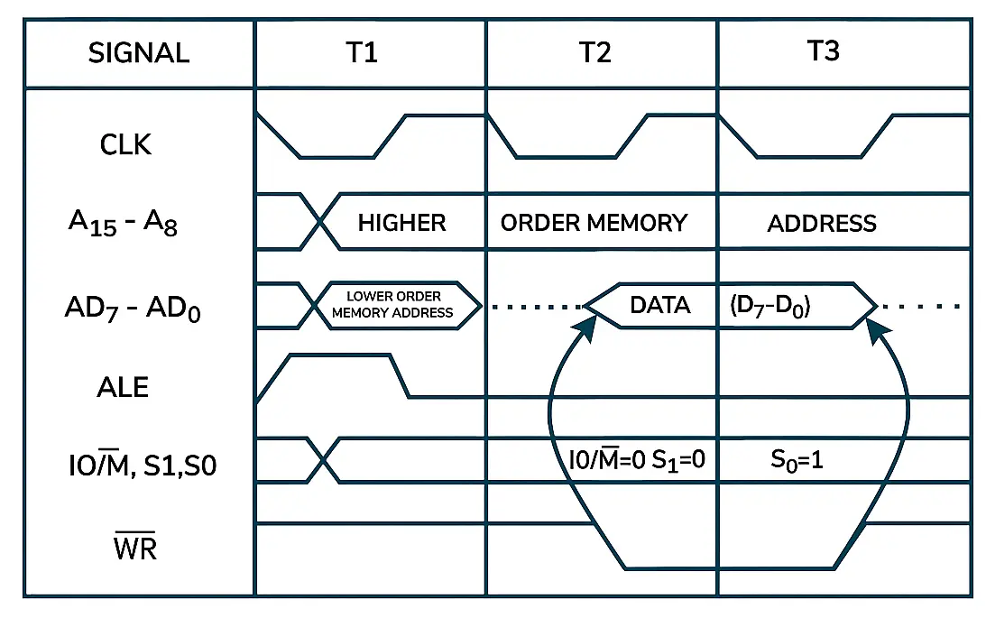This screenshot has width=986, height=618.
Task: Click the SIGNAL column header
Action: (x=139, y=53)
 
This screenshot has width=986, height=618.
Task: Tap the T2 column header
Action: (x=594, y=52)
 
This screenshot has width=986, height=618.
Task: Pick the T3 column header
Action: (x=824, y=51)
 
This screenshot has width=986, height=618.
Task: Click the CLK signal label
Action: (x=126, y=144)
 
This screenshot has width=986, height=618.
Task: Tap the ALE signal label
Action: (x=123, y=387)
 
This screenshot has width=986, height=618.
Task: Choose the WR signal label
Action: (x=135, y=547)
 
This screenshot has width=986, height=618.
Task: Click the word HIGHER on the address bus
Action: (x=401, y=223)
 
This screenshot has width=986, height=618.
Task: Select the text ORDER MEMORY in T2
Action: (x=594, y=223)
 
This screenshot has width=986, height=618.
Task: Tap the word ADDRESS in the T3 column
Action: (x=822, y=223)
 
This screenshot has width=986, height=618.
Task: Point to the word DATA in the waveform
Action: (x=660, y=306)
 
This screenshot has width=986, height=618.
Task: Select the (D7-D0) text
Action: (x=769, y=306)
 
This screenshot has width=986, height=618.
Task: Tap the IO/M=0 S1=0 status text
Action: (x=635, y=461)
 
